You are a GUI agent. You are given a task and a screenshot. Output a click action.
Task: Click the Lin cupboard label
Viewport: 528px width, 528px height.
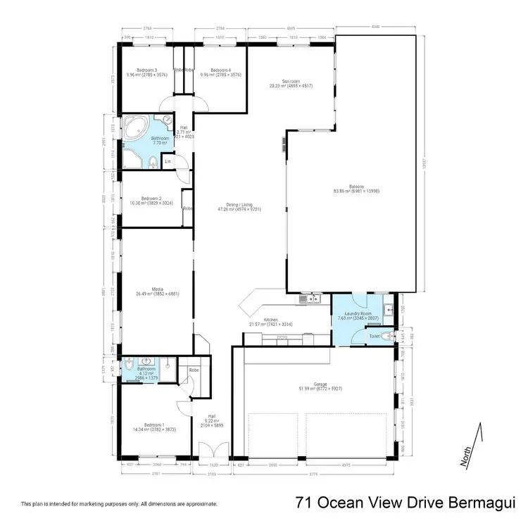click(168, 162)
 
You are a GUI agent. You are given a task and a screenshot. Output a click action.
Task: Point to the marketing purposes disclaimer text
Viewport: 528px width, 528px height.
click(119, 504)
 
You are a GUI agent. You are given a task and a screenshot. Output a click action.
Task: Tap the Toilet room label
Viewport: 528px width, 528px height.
click(377, 337)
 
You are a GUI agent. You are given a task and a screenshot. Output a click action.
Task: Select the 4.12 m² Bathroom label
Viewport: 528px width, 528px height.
click(146, 370)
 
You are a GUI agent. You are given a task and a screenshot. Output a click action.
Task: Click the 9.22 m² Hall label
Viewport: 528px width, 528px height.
click(211, 420)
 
